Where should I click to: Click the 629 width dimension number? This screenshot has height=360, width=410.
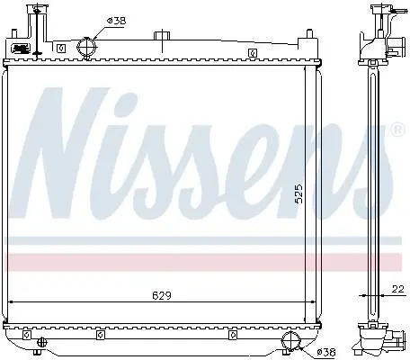point(162,296)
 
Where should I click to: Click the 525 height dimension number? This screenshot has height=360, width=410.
point(299,193)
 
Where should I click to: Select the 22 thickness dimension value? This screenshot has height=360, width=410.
point(398,289)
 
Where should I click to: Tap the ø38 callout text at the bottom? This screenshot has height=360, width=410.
point(326,352)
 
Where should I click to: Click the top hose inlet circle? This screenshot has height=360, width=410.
point(87,47)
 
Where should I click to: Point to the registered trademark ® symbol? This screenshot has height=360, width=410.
point(398,130)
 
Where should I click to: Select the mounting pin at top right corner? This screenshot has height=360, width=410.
point(309,33)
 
